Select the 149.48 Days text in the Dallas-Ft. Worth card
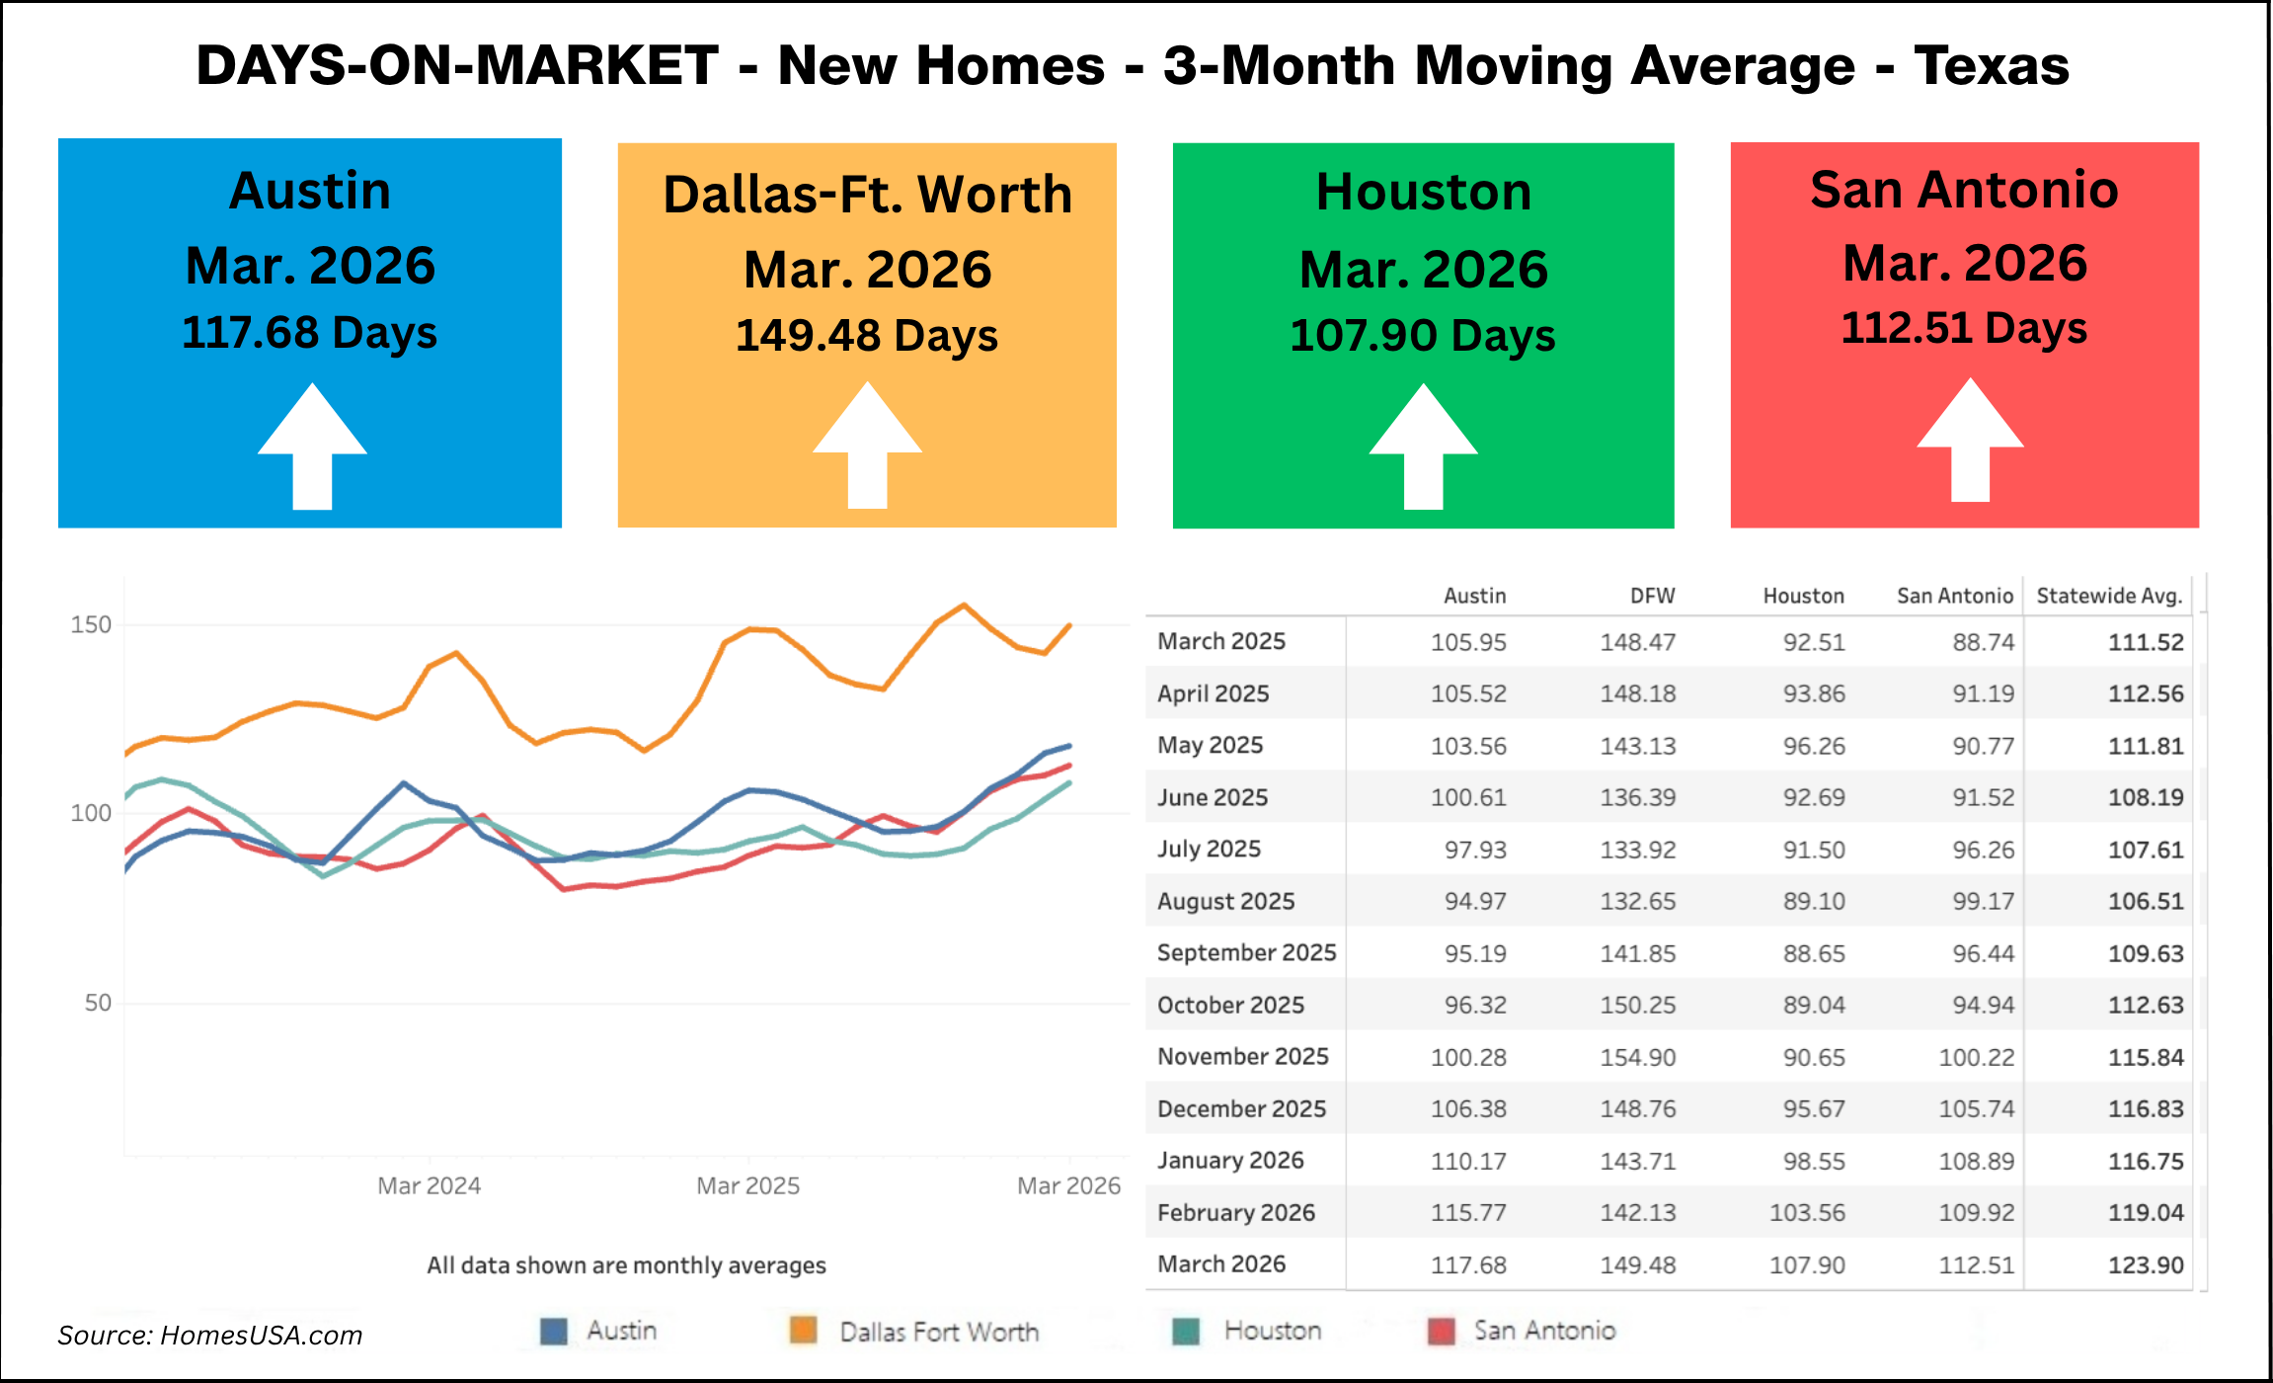point(867,336)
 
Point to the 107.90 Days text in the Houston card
point(1423,336)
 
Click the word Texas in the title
point(1991,66)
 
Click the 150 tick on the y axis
point(91,624)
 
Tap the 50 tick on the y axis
point(98,1003)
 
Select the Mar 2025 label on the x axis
point(747,1185)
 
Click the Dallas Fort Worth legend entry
point(938,1332)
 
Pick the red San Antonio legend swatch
point(1442,1332)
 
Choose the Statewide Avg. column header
point(2108,596)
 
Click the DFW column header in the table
point(1652,596)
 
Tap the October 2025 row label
point(1230,1005)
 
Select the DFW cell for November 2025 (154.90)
point(1637,1057)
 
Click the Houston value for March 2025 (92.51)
point(1813,642)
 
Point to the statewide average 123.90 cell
point(2145,1264)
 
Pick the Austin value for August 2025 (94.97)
point(1475,901)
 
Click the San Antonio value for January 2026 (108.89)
point(1976,1161)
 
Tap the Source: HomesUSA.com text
point(209,1336)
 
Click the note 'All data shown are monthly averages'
point(626,1265)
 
